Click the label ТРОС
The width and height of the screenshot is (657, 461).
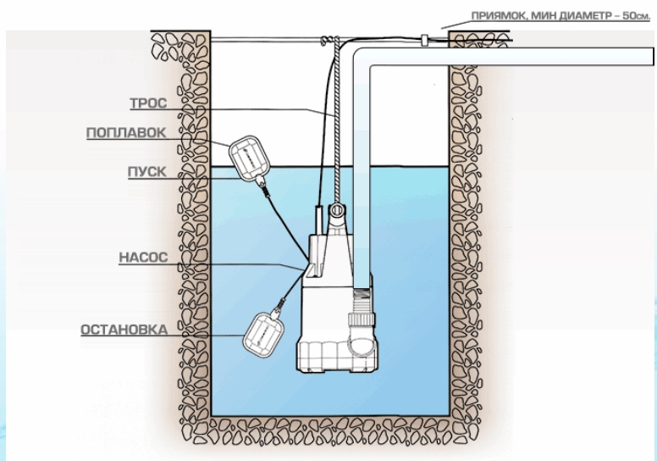pos(147,104)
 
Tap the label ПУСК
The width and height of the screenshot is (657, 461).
pos(146,171)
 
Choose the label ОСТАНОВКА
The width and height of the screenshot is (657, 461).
pos(119,329)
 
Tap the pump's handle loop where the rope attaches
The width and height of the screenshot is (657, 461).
pos(338,209)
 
